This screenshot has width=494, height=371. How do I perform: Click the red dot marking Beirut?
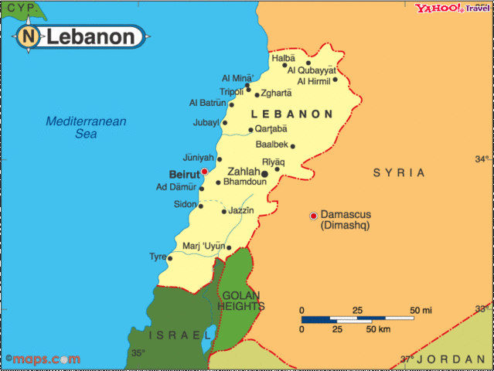[x=204, y=172]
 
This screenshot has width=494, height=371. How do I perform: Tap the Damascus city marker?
[x=313, y=215]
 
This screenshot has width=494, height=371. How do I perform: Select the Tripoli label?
[x=232, y=91]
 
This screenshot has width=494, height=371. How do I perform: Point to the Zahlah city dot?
[x=264, y=174]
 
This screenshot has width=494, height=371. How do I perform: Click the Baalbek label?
[x=271, y=145]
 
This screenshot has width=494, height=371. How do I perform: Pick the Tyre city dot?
[x=169, y=258]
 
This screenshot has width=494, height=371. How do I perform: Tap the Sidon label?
[x=185, y=204]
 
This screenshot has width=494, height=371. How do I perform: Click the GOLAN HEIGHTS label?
[x=242, y=301]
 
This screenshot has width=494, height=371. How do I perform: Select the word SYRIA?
[x=399, y=172]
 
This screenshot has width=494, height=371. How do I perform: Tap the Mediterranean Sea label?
[x=86, y=128]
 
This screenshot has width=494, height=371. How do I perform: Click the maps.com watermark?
[x=42, y=359]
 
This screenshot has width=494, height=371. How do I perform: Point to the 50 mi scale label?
[x=421, y=311]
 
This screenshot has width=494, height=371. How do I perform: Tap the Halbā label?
[x=283, y=58]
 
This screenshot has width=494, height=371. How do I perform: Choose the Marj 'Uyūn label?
[x=203, y=247]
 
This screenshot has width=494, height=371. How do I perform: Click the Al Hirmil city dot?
[x=335, y=79]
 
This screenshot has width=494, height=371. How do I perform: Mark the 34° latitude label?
[x=481, y=159]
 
